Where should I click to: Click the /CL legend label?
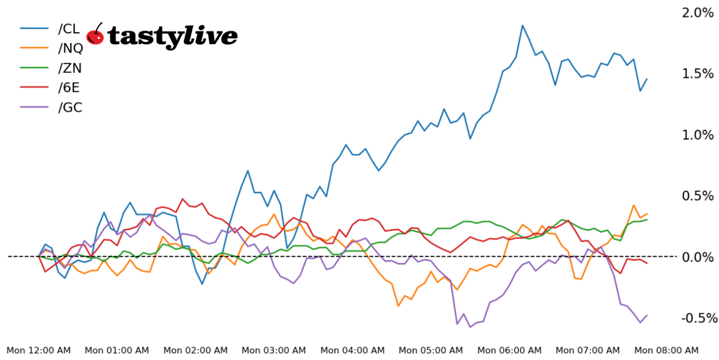pos(69,29)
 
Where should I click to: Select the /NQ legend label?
pos(71,48)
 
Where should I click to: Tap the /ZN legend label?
pos(70,68)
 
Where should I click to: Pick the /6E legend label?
pos(69,88)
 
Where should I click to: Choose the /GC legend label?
pos(70,108)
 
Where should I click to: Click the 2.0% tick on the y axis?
pos(697,13)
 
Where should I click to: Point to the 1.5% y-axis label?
pos(697,73)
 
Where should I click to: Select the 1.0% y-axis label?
pos(697,135)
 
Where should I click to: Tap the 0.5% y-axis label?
pos(697,195)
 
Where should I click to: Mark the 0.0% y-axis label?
pos(697,257)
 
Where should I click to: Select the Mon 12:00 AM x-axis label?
pos(39,350)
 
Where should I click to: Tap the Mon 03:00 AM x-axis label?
pos(274,350)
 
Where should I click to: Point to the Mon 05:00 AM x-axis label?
pos(431,350)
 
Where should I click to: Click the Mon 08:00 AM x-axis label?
pos(666,350)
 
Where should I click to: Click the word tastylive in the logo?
pos(173,36)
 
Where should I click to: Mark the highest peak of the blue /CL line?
pos(522,25)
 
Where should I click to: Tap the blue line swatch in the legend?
pos(34,29)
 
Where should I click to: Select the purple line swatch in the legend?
pos(34,108)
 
